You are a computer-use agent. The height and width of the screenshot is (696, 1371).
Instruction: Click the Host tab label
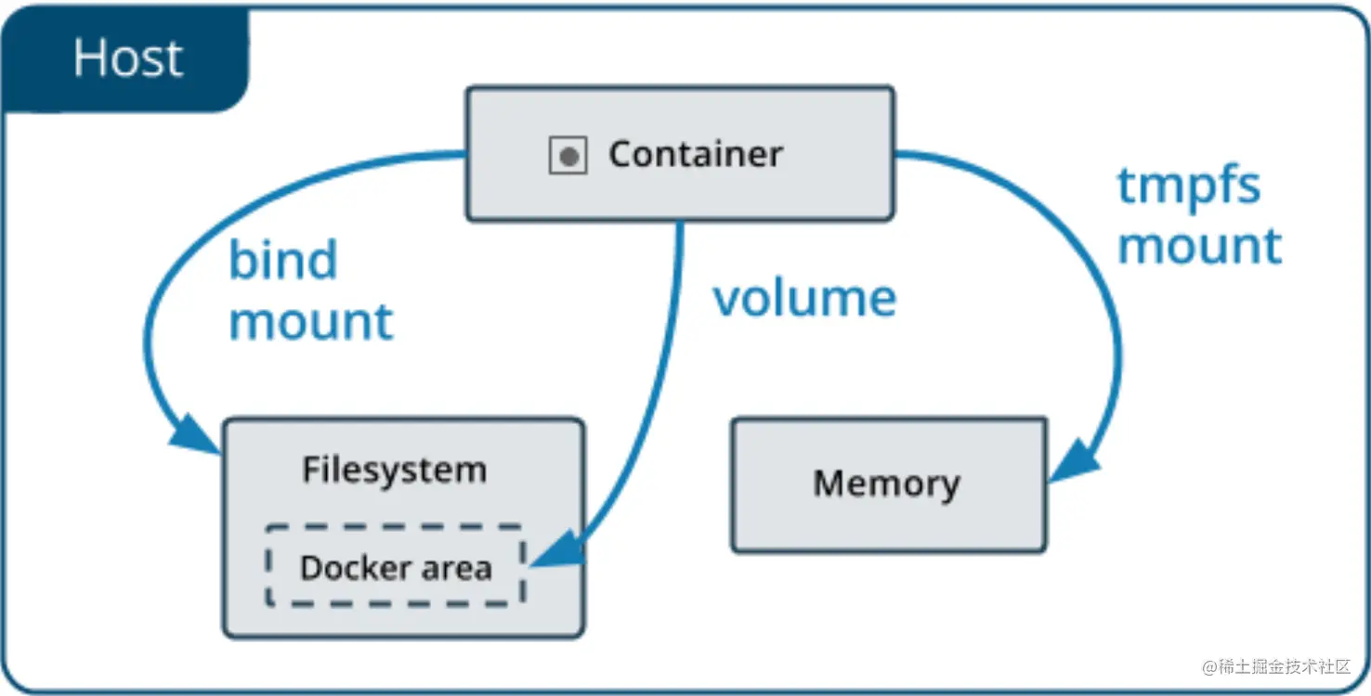click(x=127, y=58)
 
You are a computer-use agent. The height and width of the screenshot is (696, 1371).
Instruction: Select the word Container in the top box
click(x=695, y=154)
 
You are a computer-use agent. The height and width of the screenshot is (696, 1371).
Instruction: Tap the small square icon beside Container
click(x=568, y=156)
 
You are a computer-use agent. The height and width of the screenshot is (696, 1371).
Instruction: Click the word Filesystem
click(x=394, y=470)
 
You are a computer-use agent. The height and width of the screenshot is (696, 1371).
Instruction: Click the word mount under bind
click(x=311, y=321)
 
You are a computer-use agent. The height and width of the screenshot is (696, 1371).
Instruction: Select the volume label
click(x=804, y=298)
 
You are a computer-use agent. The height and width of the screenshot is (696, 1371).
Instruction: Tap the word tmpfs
click(x=1188, y=186)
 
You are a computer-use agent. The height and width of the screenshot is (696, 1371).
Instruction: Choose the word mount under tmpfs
click(x=1199, y=246)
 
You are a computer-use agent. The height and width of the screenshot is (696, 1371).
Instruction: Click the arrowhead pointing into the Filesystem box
click(x=196, y=433)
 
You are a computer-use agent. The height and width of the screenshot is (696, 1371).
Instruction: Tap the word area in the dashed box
click(x=455, y=568)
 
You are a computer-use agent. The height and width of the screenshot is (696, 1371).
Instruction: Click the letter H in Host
click(x=89, y=58)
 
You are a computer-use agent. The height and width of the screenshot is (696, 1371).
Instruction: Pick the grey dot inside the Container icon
click(x=568, y=157)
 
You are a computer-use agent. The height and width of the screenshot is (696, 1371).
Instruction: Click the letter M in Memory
click(x=828, y=483)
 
